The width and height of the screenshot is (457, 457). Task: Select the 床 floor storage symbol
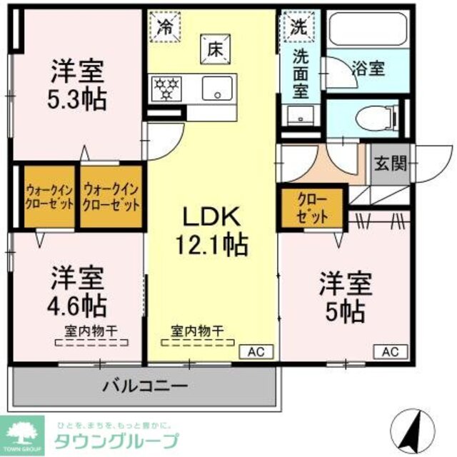214,50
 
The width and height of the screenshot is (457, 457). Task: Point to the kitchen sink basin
215,89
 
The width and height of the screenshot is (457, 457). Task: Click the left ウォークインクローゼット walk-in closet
50,197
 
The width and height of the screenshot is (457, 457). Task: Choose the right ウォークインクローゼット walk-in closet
111,197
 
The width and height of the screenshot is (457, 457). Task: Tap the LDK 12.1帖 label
212,230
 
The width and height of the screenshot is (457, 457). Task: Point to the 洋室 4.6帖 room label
77,291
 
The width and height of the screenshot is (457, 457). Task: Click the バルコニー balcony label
145,387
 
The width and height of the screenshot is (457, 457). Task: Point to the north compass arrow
416,427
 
